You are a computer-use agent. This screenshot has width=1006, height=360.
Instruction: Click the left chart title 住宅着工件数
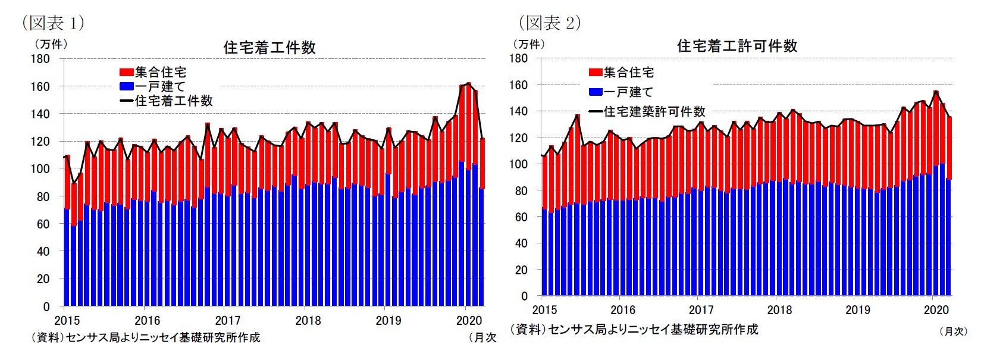[269, 48]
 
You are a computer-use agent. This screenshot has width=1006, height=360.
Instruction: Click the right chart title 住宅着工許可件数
[737, 46]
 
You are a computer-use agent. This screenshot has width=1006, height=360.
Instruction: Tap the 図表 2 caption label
[550, 23]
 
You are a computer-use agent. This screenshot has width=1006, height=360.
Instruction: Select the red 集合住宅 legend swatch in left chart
[126, 72]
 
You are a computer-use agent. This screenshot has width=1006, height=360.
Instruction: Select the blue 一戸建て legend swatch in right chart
[596, 92]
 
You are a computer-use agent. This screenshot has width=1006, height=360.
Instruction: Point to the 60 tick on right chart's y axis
[521, 217]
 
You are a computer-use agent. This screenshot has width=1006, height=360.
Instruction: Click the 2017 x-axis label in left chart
[227, 320]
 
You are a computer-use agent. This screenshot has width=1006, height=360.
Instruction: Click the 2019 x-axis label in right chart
[857, 309]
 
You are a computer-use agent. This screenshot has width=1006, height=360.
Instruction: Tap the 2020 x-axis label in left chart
[469, 320]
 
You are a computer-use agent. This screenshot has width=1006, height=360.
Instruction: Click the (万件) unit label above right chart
[528, 44]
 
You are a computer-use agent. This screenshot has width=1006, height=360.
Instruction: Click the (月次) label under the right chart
[953, 331]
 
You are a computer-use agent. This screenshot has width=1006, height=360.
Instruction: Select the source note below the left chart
[146, 337]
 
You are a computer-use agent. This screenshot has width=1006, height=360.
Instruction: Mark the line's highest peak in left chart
[468, 83]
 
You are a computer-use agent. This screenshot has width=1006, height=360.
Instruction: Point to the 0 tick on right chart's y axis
[524, 296]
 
